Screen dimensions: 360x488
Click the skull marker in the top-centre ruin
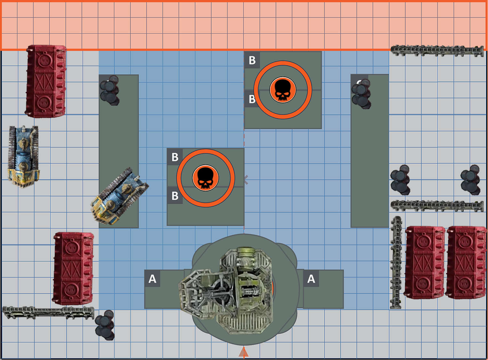click(x=282, y=90)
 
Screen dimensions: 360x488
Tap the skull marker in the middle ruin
click(x=205, y=178)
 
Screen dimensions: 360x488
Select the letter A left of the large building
click(x=152, y=279)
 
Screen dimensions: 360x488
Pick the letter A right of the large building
click(x=311, y=279)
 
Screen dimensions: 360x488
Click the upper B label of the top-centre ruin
click(x=252, y=60)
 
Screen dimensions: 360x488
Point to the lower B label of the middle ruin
click(x=175, y=196)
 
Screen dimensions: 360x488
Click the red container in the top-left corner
click(x=46, y=81)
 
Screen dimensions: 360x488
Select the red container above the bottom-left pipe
click(x=73, y=268)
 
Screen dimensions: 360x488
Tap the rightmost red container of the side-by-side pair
click(x=466, y=262)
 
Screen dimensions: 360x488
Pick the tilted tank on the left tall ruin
click(x=120, y=196)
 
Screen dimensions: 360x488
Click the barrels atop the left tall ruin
click(x=110, y=90)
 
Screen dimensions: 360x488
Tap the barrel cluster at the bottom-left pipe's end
click(x=105, y=325)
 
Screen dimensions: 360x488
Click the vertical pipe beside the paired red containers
click(x=396, y=262)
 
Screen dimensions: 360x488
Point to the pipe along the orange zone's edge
click(x=437, y=51)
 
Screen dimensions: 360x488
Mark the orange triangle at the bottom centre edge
click(x=244, y=352)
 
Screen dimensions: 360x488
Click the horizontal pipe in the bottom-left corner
click(x=48, y=312)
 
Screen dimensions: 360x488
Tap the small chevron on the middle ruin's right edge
click(x=246, y=180)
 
